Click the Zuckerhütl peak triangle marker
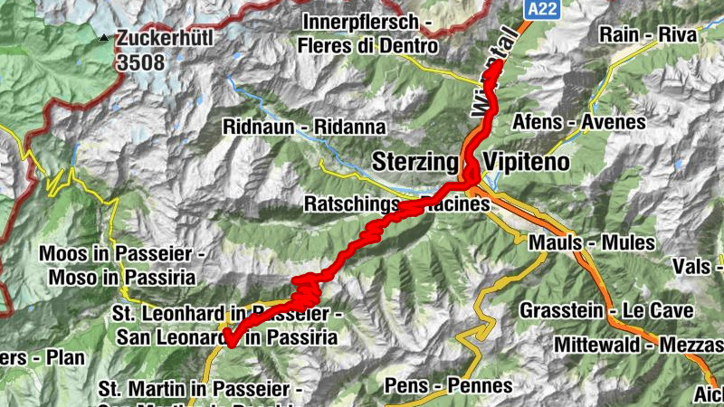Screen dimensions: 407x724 tap(105, 38)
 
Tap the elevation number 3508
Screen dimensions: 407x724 tap(140, 62)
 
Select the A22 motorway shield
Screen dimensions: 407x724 tap(539, 8)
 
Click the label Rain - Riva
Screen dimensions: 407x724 tap(649, 35)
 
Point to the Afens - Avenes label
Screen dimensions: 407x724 tap(592, 121)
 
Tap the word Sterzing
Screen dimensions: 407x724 tap(416, 162)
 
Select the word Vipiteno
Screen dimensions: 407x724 tap(529, 162)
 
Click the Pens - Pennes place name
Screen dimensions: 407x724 tap(448, 386)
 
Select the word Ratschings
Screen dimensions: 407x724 tap(353, 204)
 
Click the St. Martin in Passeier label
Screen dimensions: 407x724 tap(199, 388)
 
